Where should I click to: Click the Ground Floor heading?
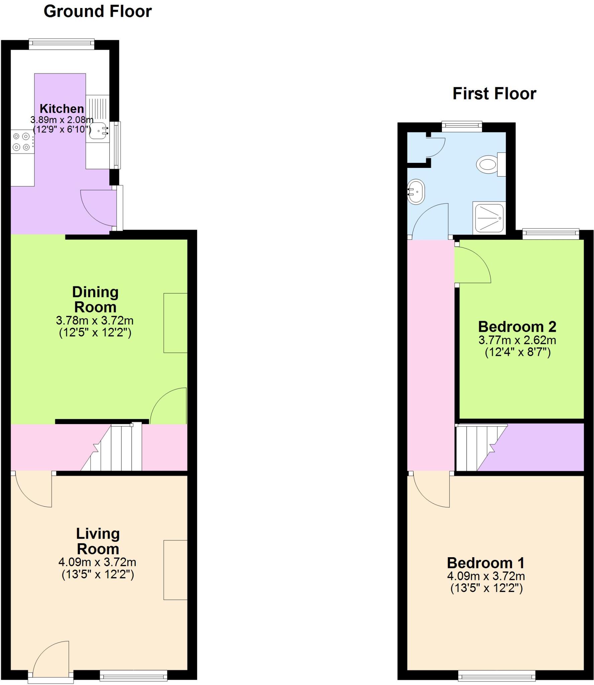coord(98,12)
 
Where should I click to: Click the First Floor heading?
coord(494,94)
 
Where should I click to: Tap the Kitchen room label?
coord(62,109)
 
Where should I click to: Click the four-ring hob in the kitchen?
coord(21,141)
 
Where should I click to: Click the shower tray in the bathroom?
coord(489,218)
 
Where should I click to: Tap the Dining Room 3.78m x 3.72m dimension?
coord(95,320)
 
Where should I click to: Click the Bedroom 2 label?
coord(517,327)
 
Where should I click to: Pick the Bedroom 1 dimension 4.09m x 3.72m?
coord(486,576)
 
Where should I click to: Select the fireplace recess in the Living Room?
coord(175,570)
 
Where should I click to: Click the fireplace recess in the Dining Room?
coord(175,323)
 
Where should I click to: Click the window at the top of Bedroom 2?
coord(550,234)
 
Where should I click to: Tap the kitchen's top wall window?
coord(62,44)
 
